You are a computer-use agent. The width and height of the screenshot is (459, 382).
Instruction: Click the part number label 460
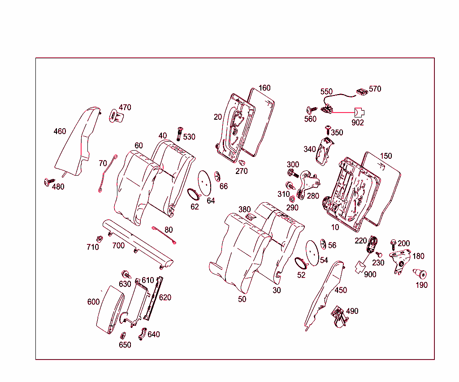click(x=60, y=131)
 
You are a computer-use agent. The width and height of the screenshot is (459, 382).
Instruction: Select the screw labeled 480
click(x=47, y=182)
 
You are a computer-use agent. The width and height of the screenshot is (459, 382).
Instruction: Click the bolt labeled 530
click(x=180, y=133)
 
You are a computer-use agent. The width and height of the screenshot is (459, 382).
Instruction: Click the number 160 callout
click(x=264, y=88)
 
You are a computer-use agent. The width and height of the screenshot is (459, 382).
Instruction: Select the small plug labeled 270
click(x=242, y=162)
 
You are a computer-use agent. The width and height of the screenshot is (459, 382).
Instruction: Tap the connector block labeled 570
click(x=362, y=91)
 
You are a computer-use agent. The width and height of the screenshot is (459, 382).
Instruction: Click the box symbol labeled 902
click(x=359, y=112)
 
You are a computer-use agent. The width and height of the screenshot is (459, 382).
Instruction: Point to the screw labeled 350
click(x=328, y=130)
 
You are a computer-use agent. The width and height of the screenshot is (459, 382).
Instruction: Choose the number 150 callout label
click(x=385, y=156)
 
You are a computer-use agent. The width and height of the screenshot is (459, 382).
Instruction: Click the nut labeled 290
click(x=292, y=199)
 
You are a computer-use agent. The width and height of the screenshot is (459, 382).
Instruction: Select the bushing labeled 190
click(x=420, y=273)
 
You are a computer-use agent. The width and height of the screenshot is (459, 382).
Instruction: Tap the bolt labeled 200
click(x=394, y=243)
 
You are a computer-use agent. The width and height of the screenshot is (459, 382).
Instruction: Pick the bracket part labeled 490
click(x=339, y=317)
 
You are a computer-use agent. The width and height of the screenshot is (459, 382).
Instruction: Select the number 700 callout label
click(x=118, y=245)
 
